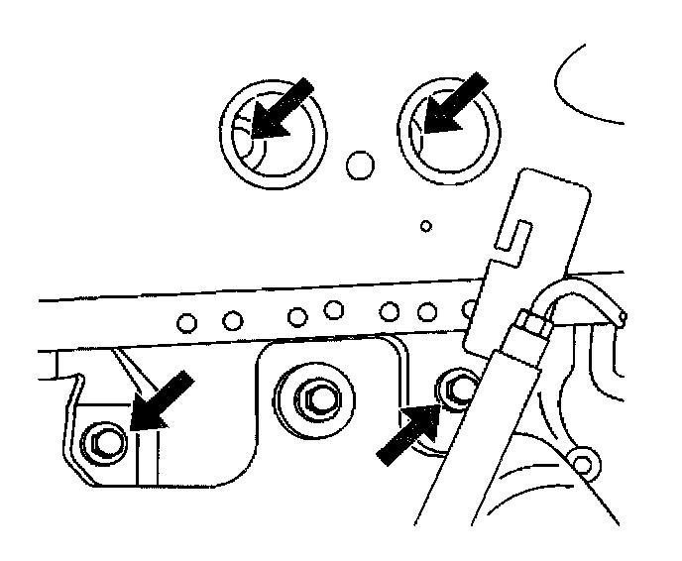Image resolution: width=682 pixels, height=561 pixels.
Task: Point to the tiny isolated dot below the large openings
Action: tap(426, 226)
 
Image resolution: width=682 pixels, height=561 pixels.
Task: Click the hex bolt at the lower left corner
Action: tap(102, 439)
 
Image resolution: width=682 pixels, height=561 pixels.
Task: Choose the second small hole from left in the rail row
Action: tap(233, 319)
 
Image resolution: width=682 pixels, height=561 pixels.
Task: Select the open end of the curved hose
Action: tap(621, 316)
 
